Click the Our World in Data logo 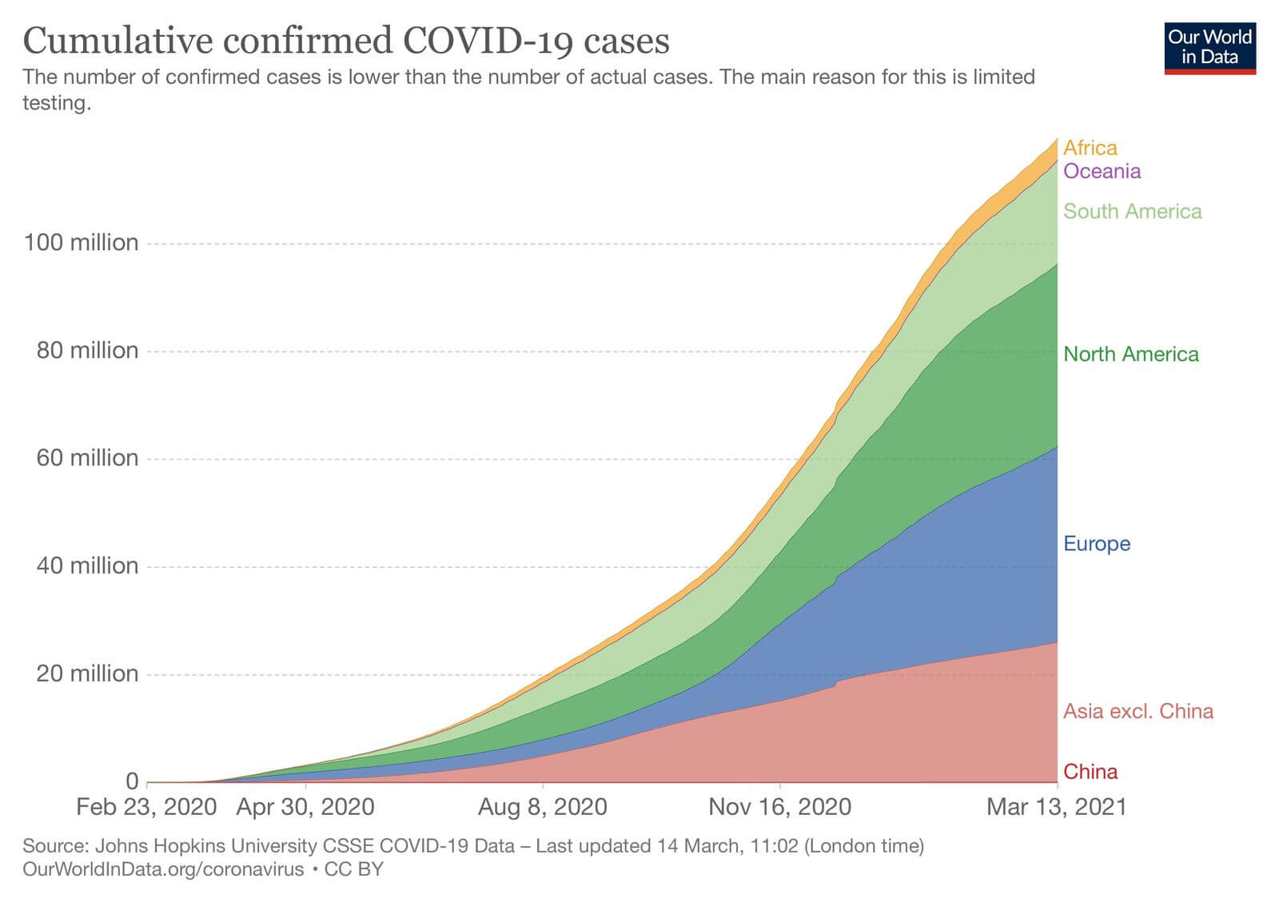point(1209,48)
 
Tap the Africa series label point(1090,148)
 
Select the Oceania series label point(1102,171)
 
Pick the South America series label point(1132,211)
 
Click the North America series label point(1130,354)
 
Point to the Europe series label point(1096,543)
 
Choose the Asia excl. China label point(1138,710)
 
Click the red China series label point(1090,771)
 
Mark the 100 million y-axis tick point(81,242)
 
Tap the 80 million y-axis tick point(87,350)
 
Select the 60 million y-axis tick point(87,458)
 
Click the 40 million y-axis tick point(87,566)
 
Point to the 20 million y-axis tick point(87,674)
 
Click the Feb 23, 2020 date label point(146,806)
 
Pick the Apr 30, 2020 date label point(305,806)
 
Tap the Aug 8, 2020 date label point(542,806)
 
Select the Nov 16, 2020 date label point(779,806)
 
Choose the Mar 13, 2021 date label point(1056,806)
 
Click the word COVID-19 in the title point(488,41)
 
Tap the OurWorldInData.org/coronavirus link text point(163,868)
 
